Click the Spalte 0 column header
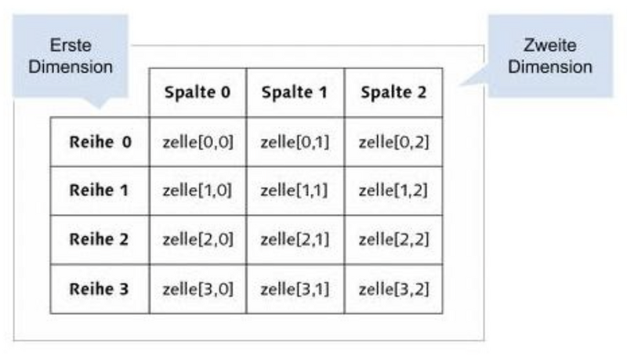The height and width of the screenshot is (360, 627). click(x=198, y=92)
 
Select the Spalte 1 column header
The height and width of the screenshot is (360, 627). click(x=295, y=92)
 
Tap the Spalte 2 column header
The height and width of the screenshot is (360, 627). click(x=393, y=92)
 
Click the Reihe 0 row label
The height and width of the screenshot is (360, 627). click(x=100, y=142)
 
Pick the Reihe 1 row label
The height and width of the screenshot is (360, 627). click(x=100, y=191)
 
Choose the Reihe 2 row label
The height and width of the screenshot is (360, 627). click(x=100, y=239)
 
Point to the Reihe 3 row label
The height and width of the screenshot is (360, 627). click(x=100, y=288)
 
